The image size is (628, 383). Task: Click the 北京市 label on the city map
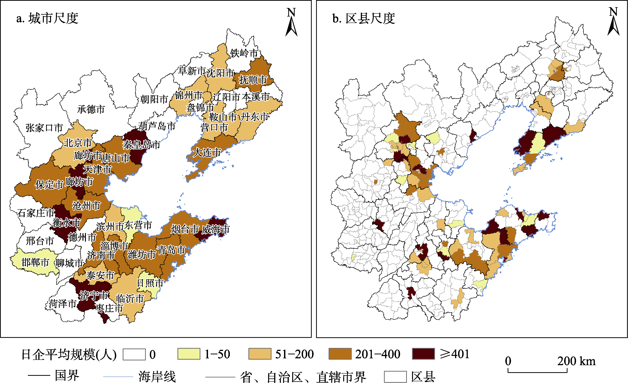tap(78, 143)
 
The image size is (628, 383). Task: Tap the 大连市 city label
tap(207, 153)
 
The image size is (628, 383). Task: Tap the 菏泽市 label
tap(62, 304)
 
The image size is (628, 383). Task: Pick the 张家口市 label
tap(44, 128)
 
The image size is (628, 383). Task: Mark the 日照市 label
tap(150, 283)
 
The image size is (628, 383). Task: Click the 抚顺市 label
tap(253, 80)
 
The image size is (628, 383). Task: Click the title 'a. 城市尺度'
tap(47, 18)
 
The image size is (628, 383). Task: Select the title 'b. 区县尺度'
tap(364, 18)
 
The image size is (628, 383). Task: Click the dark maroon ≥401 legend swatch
tap(423, 354)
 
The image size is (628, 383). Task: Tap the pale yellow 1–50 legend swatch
tap(189, 354)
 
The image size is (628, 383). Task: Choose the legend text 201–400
tap(378, 354)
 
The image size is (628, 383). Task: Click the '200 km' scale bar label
tap(576, 361)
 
